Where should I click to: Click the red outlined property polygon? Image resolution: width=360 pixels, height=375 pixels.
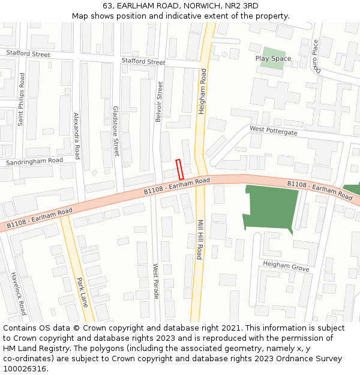click(x=179, y=169)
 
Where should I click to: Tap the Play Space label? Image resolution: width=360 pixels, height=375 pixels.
click(x=273, y=58)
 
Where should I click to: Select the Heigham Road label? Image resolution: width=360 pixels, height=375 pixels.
click(x=203, y=91)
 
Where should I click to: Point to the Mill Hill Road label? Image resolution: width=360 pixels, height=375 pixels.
click(x=200, y=239)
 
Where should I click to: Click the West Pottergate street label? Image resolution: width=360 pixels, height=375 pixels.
click(x=273, y=130)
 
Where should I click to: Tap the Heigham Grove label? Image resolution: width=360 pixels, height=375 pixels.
click(x=286, y=267)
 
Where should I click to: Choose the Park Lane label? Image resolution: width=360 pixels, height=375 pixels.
click(x=82, y=292)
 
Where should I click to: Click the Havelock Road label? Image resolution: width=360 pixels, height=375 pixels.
click(x=19, y=294)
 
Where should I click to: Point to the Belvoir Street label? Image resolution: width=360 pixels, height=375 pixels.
click(x=159, y=102)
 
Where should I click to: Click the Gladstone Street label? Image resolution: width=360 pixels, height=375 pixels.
click(x=116, y=131)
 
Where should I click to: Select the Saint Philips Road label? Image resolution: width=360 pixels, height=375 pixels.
click(x=21, y=99)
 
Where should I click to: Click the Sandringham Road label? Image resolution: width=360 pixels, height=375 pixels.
click(x=34, y=161)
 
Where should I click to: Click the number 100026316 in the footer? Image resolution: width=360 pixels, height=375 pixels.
click(x=26, y=368)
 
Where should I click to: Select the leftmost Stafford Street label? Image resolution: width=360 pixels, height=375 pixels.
click(x=28, y=54)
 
